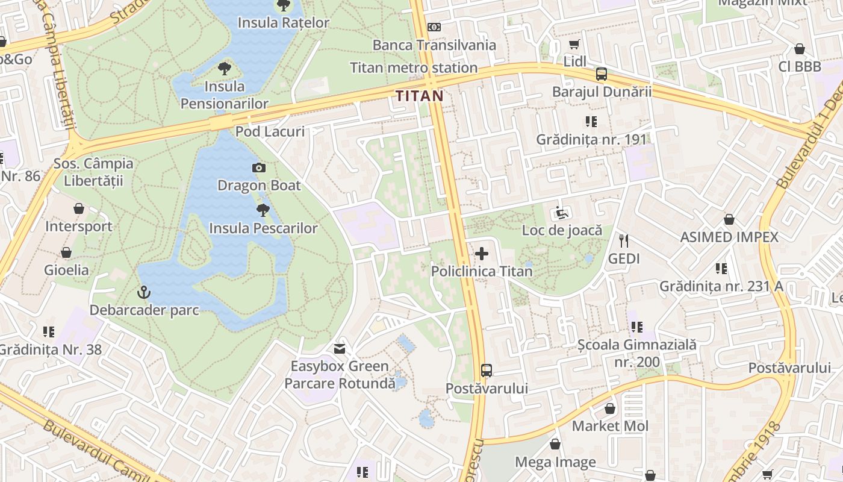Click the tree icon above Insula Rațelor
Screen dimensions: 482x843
(x=282, y=5)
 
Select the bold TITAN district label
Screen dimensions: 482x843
(x=420, y=96)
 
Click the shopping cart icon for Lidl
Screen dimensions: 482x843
(x=574, y=45)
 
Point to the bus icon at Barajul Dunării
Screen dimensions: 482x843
(x=602, y=74)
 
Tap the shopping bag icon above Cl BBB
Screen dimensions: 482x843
(x=800, y=49)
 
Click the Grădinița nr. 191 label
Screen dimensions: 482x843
(x=591, y=139)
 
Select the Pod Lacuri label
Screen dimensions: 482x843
(x=270, y=131)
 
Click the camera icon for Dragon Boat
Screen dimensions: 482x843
(x=259, y=167)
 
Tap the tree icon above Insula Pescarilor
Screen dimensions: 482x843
(x=263, y=210)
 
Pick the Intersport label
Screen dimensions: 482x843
(x=79, y=227)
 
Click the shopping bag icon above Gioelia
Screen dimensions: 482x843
(x=66, y=252)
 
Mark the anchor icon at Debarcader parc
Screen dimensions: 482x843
(x=144, y=293)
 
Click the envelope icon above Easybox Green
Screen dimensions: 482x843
(x=340, y=348)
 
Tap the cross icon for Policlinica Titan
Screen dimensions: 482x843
(x=482, y=254)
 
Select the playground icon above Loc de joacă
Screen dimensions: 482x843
(x=561, y=213)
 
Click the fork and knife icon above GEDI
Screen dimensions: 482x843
(x=624, y=241)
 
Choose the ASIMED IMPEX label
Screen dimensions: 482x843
(x=729, y=237)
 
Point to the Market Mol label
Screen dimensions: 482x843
(x=610, y=426)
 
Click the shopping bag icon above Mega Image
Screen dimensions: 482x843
(x=555, y=444)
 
